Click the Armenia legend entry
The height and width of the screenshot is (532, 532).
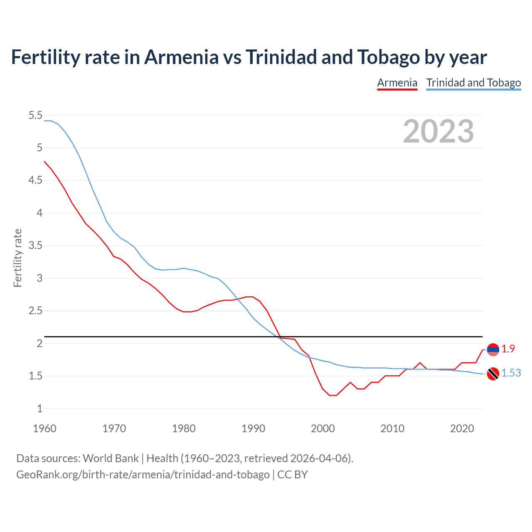(x=397, y=83)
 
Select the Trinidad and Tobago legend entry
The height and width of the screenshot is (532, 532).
(x=473, y=83)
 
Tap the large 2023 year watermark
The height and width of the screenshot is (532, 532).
(x=438, y=131)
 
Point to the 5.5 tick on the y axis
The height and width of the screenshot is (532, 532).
(x=36, y=115)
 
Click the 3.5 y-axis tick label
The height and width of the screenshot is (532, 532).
(x=36, y=246)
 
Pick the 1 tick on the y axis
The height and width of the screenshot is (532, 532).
(x=39, y=409)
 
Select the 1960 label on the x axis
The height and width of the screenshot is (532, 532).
(x=44, y=429)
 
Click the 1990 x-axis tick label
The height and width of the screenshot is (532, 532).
(x=253, y=429)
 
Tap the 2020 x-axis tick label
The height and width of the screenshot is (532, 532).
(x=462, y=429)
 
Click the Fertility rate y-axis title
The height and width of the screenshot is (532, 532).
(x=17, y=258)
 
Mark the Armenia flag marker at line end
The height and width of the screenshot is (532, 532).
(x=493, y=350)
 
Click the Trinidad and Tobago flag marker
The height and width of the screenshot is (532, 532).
(x=493, y=374)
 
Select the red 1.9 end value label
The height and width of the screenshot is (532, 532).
(x=508, y=349)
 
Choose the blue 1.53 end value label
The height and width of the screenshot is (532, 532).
(x=511, y=373)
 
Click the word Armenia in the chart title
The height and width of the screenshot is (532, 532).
(x=181, y=57)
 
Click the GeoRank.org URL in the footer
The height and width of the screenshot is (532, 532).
(x=143, y=474)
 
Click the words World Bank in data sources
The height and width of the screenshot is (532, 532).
(x=111, y=458)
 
